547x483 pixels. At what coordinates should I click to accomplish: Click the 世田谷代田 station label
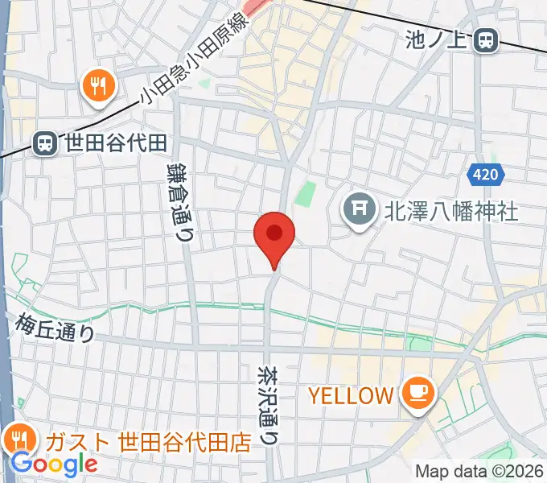point(116,143)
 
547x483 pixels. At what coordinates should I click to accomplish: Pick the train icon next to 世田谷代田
point(45,143)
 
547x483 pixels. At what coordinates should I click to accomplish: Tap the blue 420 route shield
point(485,173)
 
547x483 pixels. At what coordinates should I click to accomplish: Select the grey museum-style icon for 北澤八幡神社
point(359,211)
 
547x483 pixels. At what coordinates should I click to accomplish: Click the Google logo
point(54,464)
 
